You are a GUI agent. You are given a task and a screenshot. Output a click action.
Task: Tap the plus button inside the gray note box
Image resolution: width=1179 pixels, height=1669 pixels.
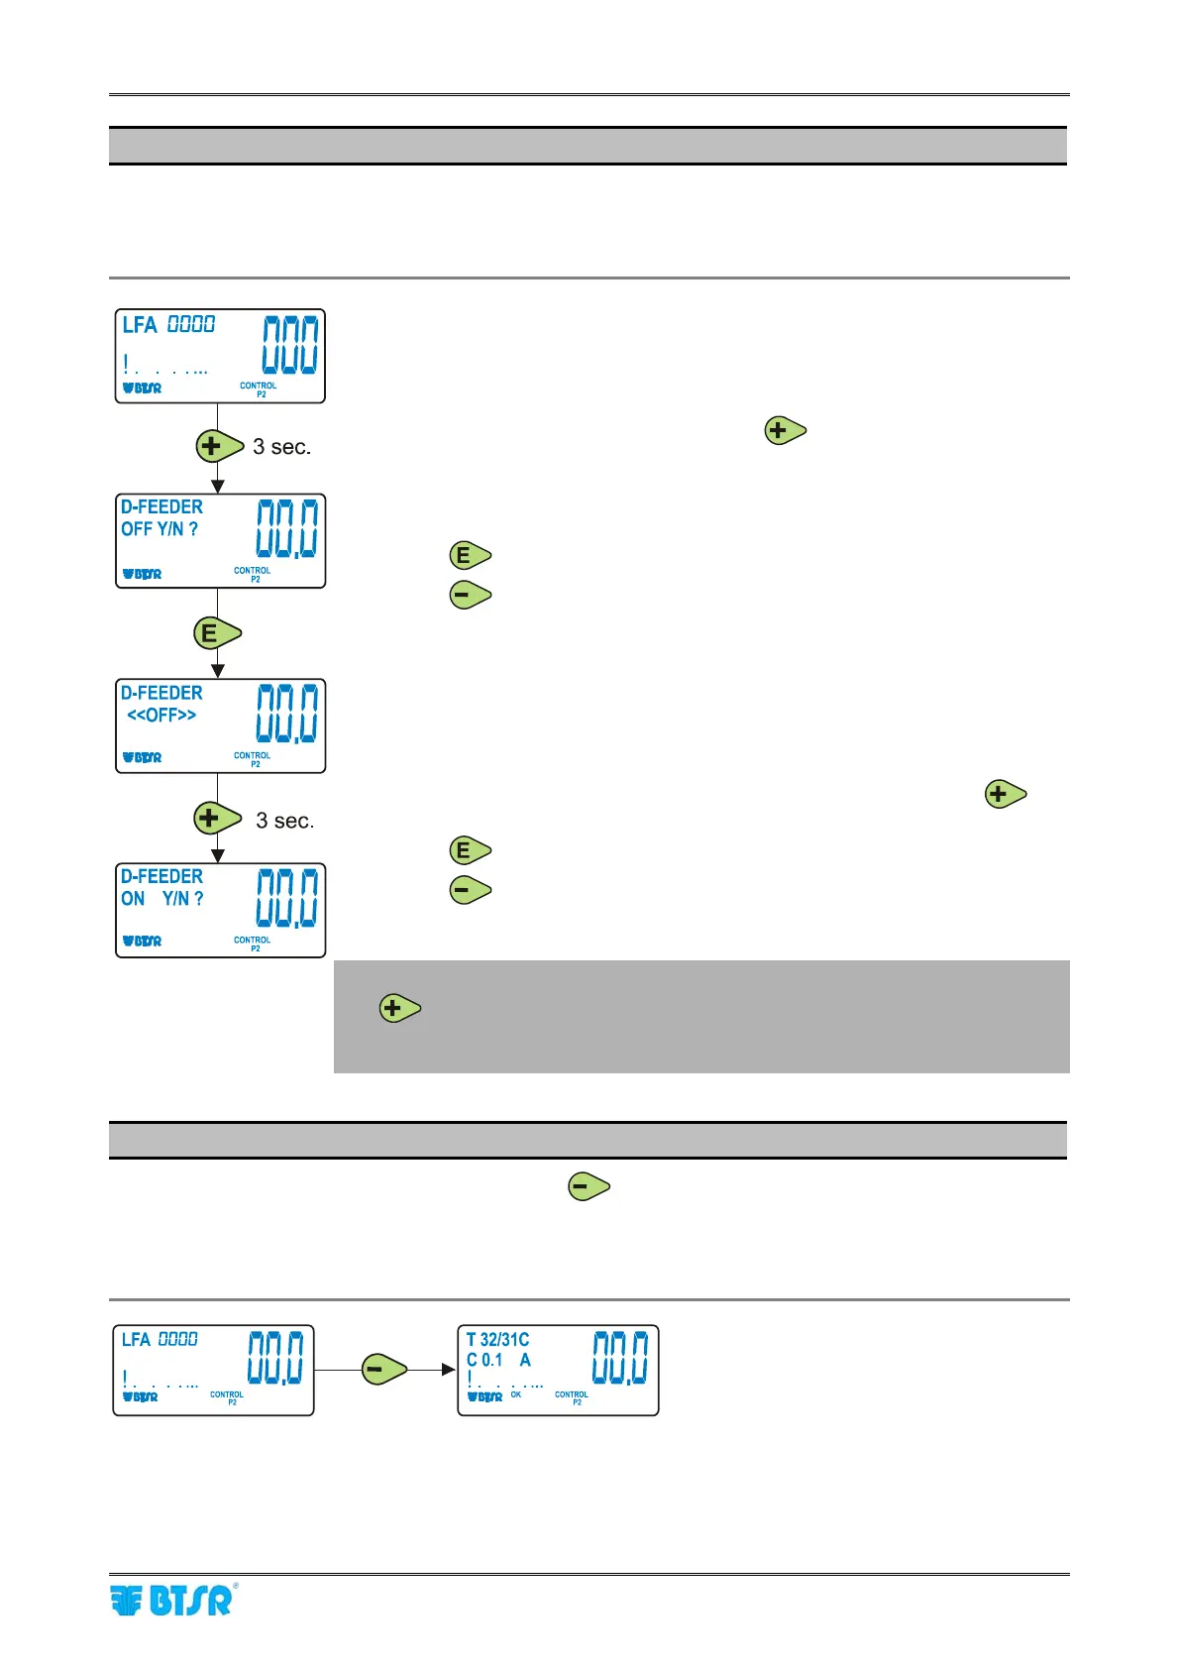(x=399, y=1009)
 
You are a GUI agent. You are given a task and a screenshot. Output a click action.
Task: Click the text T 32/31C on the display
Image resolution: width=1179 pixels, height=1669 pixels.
(x=497, y=1340)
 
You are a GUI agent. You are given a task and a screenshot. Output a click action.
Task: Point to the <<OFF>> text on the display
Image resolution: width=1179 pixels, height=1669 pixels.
(x=161, y=715)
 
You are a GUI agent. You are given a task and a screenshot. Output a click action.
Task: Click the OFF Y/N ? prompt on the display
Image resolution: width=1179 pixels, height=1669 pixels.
(x=160, y=529)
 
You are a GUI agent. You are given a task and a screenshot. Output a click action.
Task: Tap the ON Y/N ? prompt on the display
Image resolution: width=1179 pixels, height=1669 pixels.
(x=162, y=899)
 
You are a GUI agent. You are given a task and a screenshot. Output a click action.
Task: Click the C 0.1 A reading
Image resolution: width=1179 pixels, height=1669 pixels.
(x=498, y=1361)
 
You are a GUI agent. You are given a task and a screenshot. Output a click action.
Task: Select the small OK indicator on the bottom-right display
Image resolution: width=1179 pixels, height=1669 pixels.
(x=516, y=1394)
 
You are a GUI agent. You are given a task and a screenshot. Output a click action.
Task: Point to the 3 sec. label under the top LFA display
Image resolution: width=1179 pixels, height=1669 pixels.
(x=282, y=447)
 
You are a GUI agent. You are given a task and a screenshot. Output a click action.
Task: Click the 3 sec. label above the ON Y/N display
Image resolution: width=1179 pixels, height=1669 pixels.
(x=285, y=821)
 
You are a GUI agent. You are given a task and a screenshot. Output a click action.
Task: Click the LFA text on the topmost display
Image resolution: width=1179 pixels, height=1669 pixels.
(x=140, y=325)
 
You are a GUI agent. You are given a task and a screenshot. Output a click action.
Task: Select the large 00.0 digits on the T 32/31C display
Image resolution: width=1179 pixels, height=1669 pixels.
(x=620, y=1358)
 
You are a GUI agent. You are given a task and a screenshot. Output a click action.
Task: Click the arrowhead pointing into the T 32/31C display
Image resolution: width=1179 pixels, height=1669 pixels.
(x=449, y=1370)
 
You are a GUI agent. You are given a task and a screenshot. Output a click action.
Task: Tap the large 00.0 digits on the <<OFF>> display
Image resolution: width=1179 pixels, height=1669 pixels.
(x=287, y=714)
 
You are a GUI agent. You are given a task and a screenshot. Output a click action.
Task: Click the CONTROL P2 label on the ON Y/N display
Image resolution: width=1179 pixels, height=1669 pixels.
(x=253, y=944)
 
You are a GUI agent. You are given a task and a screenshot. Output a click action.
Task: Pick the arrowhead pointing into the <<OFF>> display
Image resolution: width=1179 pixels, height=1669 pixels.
(x=218, y=671)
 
